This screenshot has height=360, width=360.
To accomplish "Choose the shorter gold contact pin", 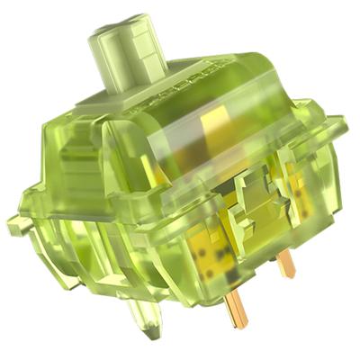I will [x=286, y=262].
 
